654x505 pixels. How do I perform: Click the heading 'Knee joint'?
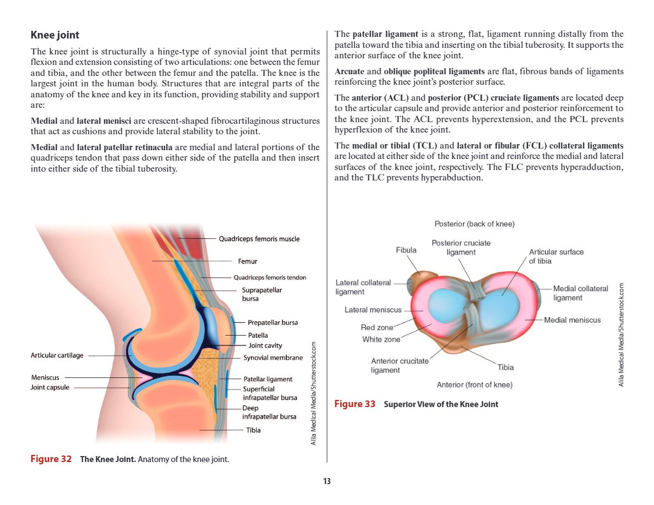click(x=55, y=35)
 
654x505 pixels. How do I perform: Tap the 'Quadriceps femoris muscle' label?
click(x=259, y=239)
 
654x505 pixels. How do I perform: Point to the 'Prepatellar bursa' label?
click(x=272, y=322)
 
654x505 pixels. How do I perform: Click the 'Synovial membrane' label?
click(x=273, y=358)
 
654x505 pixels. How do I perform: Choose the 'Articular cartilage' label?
click(x=57, y=355)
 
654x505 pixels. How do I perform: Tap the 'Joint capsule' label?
click(x=50, y=387)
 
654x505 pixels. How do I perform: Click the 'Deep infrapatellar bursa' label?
click(x=269, y=413)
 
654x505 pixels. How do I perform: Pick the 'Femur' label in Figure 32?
click(x=247, y=261)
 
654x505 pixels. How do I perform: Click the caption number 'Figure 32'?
click(x=51, y=459)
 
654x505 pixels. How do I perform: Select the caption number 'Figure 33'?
click(x=355, y=404)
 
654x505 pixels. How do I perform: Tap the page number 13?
click(x=327, y=482)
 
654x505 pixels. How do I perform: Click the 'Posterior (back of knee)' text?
click(x=474, y=224)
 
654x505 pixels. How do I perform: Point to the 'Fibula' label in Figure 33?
click(x=406, y=250)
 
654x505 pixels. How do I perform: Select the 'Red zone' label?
click(x=377, y=328)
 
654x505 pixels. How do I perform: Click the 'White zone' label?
click(x=381, y=339)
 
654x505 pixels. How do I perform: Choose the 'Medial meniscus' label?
click(x=573, y=320)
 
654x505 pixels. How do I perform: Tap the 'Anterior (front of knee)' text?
click(x=474, y=385)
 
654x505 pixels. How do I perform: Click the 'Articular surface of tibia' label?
click(x=556, y=256)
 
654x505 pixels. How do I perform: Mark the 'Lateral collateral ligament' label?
click(x=363, y=287)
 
